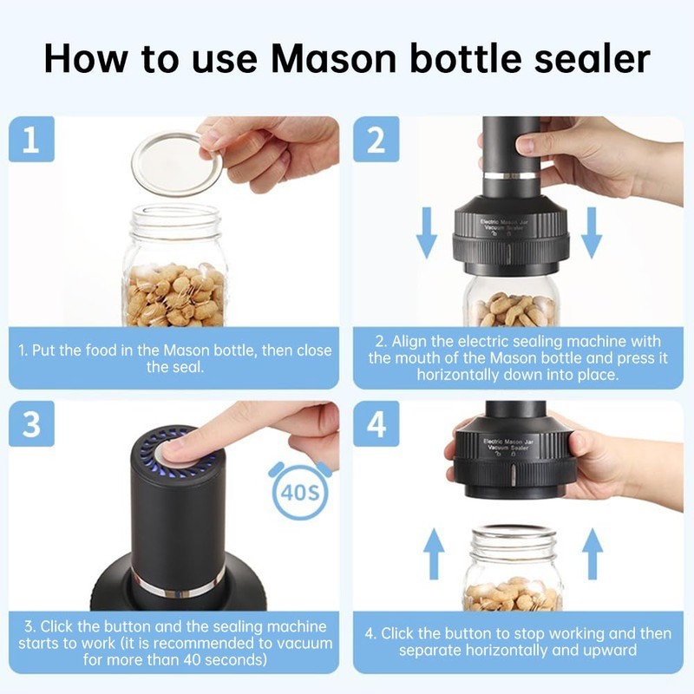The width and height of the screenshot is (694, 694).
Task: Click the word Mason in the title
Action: pyautogui.click(x=334, y=58)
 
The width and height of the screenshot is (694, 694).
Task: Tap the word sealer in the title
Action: pyautogui.click(x=592, y=58)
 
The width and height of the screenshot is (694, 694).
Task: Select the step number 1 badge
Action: pyautogui.click(x=31, y=140)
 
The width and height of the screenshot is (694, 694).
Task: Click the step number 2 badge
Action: pyautogui.click(x=376, y=140)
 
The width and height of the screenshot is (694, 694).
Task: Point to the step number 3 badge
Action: pyautogui.click(x=31, y=423)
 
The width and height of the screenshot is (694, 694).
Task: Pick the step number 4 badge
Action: pyautogui.click(x=376, y=423)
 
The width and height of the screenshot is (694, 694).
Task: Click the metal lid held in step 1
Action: pyautogui.click(x=179, y=163)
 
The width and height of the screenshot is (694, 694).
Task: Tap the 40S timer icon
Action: pyautogui.click(x=300, y=490)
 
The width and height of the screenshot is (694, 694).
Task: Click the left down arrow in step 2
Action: pyautogui.click(x=427, y=233)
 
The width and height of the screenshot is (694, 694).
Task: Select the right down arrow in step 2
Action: pyautogui.click(x=592, y=233)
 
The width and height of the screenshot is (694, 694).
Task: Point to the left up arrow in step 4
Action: pyautogui.click(x=434, y=554)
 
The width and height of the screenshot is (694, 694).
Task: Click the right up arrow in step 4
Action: pyautogui.click(x=593, y=554)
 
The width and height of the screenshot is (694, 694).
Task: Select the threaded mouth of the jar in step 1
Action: pyautogui.click(x=176, y=221)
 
